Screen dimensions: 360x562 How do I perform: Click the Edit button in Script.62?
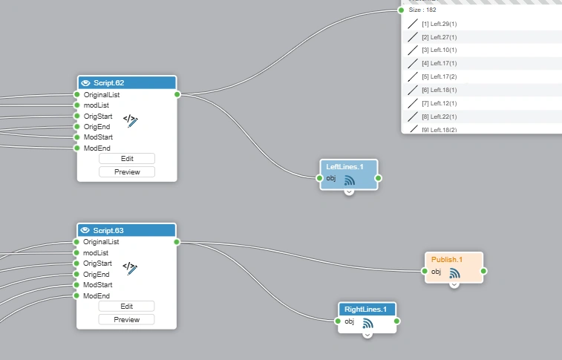(127, 158)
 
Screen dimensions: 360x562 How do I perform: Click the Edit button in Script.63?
(127, 306)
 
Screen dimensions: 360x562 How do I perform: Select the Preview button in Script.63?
(127, 319)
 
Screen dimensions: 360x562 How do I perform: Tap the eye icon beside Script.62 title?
(85, 82)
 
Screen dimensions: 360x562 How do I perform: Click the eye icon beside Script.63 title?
(85, 230)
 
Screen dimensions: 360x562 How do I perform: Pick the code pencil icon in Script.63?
(130, 267)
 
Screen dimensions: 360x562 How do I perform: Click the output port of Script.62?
(177, 94)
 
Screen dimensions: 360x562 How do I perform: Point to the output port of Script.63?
(177, 241)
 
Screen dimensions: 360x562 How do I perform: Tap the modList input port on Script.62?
(76, 105)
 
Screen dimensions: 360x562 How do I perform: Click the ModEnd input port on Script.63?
(76, 295)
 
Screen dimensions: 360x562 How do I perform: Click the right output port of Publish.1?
(483, 272)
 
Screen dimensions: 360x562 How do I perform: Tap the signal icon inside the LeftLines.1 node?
(350, 180)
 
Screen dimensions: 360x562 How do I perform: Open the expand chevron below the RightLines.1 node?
(367, 334)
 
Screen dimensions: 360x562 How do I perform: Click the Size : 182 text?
(422, 10)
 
